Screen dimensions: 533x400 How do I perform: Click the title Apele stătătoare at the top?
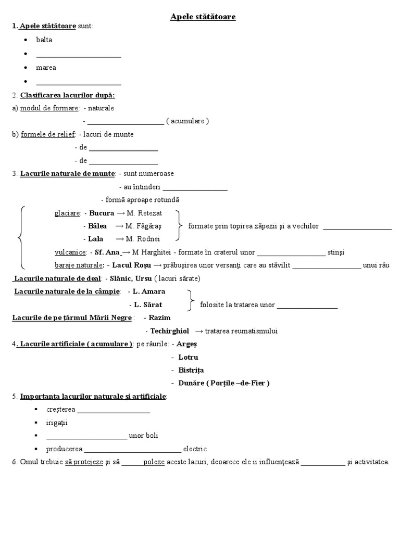pos(203,17)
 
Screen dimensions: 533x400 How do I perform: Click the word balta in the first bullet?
pos(44,40)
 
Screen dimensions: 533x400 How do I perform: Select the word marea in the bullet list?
pos(46,68)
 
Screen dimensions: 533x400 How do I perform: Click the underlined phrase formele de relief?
pos(48,134)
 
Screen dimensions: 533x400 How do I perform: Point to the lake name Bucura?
pos(102,213)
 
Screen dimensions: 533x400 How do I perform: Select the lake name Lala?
pos(96,239)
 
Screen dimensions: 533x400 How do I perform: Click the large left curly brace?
pos(21,237)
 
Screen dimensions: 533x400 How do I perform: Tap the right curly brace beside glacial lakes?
pos(179,226)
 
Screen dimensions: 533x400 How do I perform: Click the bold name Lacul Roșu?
pos(132,265)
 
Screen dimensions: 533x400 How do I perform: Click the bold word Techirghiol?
pos(169,331)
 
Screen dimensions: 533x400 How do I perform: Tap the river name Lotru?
pos(188,358)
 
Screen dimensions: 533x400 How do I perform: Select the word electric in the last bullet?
pos(195,449)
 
